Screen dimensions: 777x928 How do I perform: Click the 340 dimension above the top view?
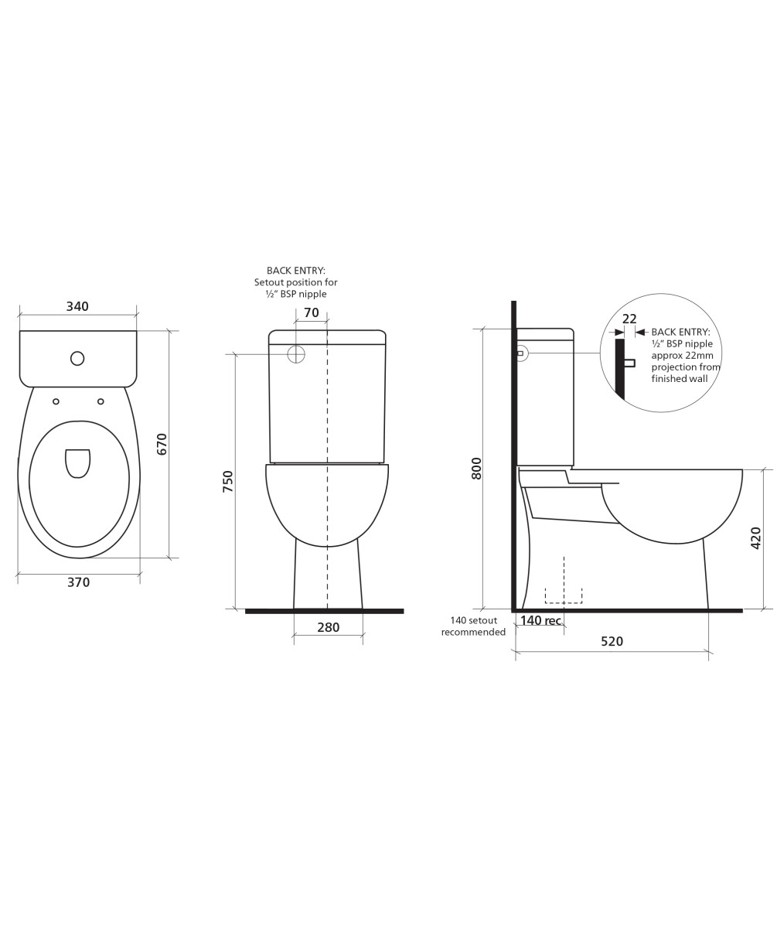pyautogui.click(x=77, y=306)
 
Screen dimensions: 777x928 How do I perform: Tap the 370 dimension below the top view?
pyautogui.click(x=79, y=582)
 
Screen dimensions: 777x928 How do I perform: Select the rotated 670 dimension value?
pyautogui.click(x=162, y=444)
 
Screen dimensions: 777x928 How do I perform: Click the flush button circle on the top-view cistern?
pyautogui.click(x=77, y=358)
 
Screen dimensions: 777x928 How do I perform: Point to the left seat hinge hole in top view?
pyautogui.click(x=56, y=401)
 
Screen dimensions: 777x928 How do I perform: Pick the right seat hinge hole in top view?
pyautogui.click(x=101, y=401)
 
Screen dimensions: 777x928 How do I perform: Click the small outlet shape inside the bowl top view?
pyautogui.click(x=78, y=463)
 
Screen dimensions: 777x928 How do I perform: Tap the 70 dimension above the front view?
pyautogui.click(x=312, y=312)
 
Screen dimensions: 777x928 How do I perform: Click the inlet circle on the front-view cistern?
pyautogui.click(x=296, y=353)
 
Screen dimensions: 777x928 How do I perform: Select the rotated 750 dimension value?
pyautogui.click(x=227, y=481)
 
